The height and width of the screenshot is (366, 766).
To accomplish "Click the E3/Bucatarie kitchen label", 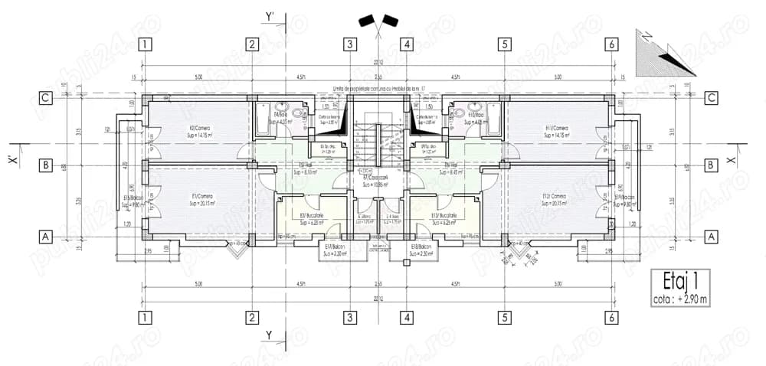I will [x=311, y=220].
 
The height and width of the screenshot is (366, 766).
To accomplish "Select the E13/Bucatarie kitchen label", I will [x=444, y=220].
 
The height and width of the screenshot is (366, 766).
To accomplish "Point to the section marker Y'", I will [x=269, y=15].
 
